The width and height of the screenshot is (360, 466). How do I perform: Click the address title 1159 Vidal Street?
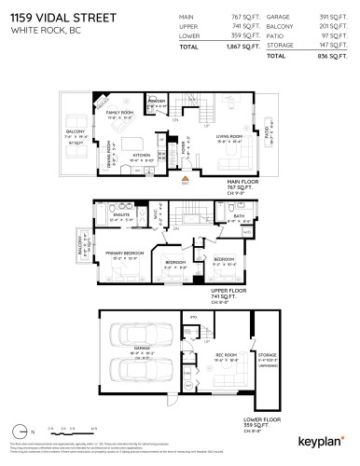pyautogui.click(x=52, y=19)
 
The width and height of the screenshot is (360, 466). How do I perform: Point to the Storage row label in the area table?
pyautogui.click(x=281, y=45)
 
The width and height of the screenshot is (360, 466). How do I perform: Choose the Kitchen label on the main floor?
pyautogui.click(x=143, y=155)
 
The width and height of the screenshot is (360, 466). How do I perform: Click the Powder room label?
pyautogui.click(x=157, y=101)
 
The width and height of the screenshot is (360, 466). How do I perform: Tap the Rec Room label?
pyautogui.click(x=226, y=355)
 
